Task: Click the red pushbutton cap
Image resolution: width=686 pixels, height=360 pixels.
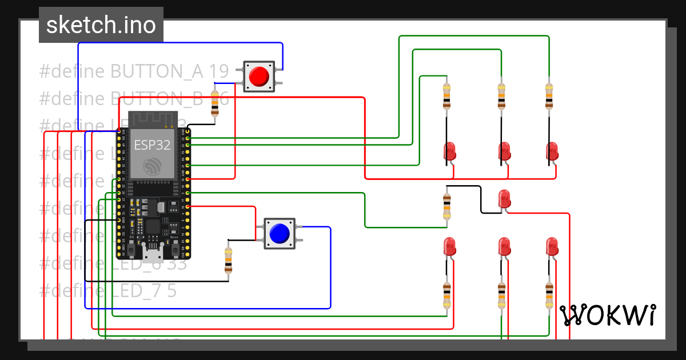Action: [260, 76]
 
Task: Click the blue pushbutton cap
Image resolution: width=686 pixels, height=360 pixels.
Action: [279, 233]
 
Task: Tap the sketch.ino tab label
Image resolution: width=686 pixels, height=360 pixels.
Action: [101, 25]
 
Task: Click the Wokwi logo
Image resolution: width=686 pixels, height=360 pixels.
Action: [607, 315]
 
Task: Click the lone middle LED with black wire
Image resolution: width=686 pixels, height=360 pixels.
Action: [504, 199]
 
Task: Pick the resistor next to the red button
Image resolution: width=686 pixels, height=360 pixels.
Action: [215, 103]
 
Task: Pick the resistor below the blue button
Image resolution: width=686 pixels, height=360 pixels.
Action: [229, 260]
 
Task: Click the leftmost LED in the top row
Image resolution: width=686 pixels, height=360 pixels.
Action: [450, 151]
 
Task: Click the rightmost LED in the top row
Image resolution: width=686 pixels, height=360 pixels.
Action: [552, 151]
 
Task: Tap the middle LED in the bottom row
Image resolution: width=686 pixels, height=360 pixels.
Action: [504, 247]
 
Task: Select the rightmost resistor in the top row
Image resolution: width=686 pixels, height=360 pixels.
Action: [549, 96]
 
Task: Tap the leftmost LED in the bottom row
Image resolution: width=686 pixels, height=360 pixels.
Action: [449, 247]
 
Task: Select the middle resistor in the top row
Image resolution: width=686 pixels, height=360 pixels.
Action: [501, 96]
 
